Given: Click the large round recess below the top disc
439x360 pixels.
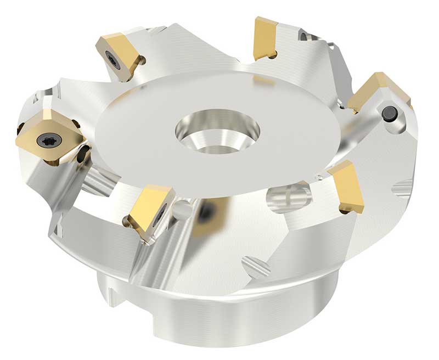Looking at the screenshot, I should pos(286,197).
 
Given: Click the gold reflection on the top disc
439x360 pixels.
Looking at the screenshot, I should pos(264,81).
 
